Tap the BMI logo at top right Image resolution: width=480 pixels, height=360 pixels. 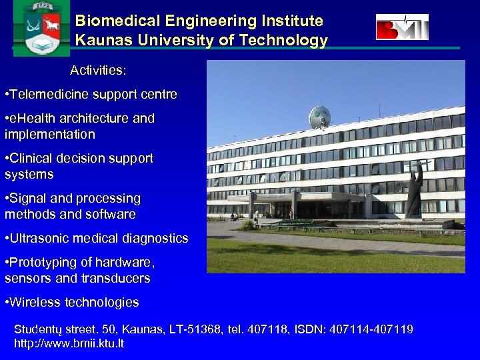tap(402, 27)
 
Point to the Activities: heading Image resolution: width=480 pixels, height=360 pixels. tap(99, 71)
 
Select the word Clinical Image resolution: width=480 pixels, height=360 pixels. tap(35, 159)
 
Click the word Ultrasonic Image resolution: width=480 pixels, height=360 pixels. tap(41, 239)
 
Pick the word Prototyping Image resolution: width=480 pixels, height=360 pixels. tap(44, 263)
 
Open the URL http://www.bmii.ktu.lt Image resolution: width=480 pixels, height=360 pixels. tap(69, 344)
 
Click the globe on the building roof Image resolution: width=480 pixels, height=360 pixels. tap(319, 117)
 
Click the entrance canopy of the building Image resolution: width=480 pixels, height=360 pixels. tap(297, 197)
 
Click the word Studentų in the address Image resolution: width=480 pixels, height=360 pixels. tap(39, 330)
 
